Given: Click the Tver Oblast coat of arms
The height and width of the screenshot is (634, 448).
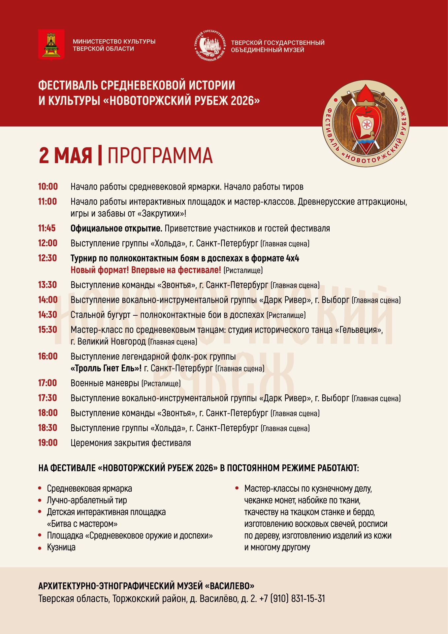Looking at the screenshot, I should pyautogui.click(x=51, y=44).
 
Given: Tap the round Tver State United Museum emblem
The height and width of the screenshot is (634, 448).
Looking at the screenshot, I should pyautogui.click(x=210, y=46).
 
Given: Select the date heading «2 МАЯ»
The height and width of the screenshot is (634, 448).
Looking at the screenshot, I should pyautogui.click(x=65, y=156).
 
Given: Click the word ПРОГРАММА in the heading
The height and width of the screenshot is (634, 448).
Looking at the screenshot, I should pyautogui.click(x=160, y=156).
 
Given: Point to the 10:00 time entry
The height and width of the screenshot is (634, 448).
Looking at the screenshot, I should pyautogui.click(x=48, y=187).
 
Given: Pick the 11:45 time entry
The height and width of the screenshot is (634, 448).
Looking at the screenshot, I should pyautogui.click(x=47, y=228).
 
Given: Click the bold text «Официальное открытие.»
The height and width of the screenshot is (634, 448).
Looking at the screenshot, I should pyautogui.click(x=116, y=229).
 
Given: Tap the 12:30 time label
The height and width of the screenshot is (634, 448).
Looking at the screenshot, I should pyautogui.click(x=48, y=258).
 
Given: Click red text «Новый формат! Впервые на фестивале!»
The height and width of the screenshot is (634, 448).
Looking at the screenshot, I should pyautogui.click(x=145, y=270).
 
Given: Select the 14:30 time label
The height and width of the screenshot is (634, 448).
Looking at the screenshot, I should pyautogui.click(x=48, y=315).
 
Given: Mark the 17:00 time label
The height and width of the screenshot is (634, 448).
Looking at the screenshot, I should pyautogui.click(x=48, y=383).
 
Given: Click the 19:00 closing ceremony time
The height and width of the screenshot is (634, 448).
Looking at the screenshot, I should pyautogui.click(x=48, y=443).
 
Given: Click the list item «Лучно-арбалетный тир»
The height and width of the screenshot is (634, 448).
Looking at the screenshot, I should pyautogui.click(x=87, y=500).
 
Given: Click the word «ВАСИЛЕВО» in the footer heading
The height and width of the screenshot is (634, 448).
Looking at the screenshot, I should pyautogui.click(x=230, y=586).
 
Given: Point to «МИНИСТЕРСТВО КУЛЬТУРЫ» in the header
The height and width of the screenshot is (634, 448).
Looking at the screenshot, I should pyautogui.click(x=114, y=42).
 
